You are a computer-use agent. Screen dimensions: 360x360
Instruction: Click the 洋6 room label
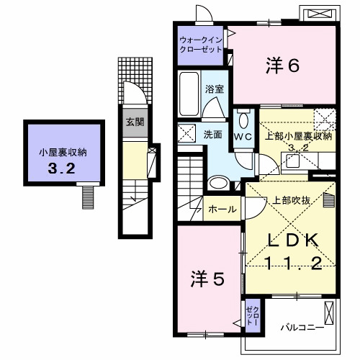(282, 66)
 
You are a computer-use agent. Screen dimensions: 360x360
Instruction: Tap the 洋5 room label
(207, 279)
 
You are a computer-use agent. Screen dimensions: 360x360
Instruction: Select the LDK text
(293, 240)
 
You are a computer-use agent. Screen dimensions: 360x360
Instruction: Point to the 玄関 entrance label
(135, 122)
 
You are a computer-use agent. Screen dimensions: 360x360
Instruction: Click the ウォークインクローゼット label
(201, 45)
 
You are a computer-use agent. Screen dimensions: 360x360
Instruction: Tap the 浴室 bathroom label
(215, 89)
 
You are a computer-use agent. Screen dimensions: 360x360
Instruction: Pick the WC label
(243, 137)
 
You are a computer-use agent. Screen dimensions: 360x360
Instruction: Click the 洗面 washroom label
(213, 135)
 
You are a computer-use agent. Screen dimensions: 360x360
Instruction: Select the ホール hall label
(222, 210)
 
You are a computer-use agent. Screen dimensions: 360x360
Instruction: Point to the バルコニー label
(302, 328)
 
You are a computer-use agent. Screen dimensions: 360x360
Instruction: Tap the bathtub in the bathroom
(189, 94)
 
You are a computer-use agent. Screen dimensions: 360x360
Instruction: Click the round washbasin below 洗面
(218, 184)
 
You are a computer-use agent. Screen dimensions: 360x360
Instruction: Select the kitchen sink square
(292, 161)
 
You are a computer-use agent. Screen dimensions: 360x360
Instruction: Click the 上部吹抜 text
(291, 200)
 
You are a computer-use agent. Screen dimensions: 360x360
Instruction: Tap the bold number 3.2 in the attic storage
(62, 168)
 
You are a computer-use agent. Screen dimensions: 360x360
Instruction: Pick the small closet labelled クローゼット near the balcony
(253, 315)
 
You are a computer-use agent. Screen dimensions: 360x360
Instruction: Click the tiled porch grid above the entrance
(135, 81)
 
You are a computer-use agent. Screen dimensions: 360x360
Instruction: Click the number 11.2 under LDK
(293, 264)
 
